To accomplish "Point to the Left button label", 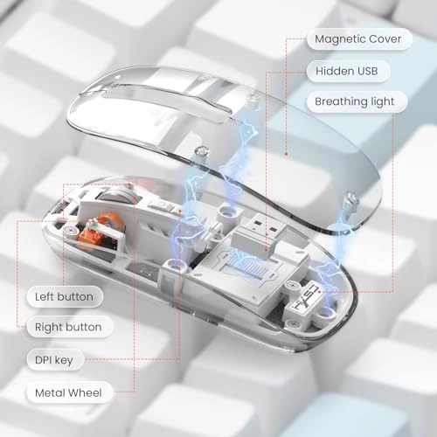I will click(63, 296).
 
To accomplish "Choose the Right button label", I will click(67, 328).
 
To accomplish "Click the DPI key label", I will click(56, 360).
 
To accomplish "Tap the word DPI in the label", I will click(46, 360).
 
